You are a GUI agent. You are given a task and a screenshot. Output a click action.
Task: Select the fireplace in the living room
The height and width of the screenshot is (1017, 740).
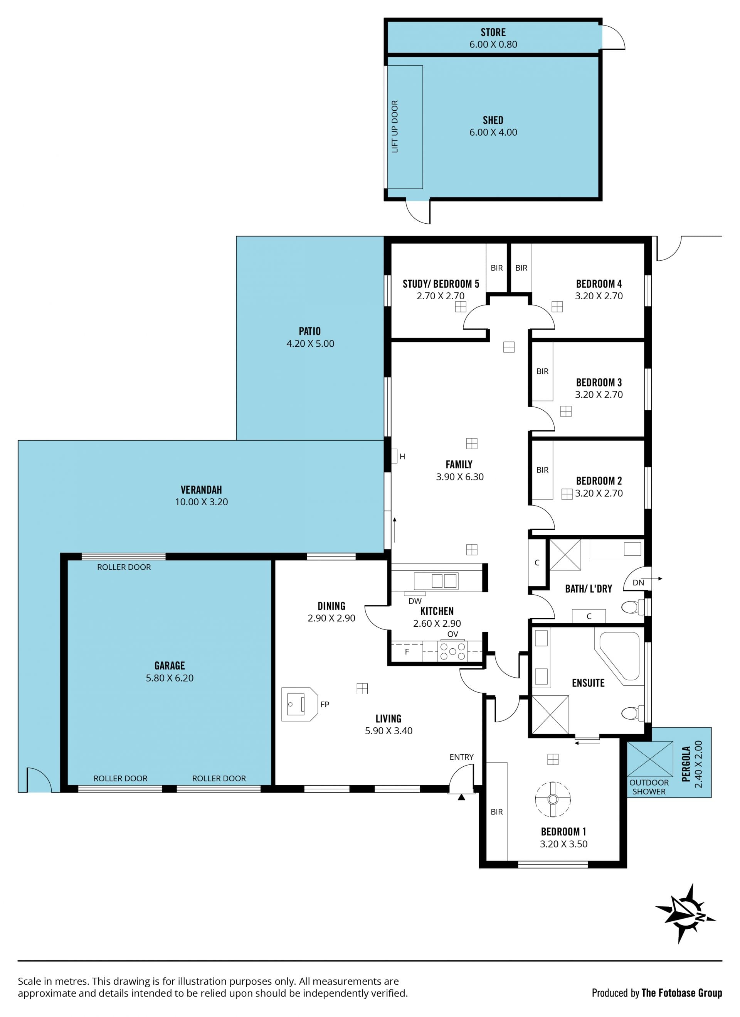(299, 705)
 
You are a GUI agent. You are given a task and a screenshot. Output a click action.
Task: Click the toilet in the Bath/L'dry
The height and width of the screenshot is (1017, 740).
(633, 607)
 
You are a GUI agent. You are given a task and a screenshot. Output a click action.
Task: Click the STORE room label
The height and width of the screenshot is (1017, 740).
(493, 32)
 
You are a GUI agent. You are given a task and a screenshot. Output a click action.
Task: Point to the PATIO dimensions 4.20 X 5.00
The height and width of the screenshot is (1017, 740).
(310, 344)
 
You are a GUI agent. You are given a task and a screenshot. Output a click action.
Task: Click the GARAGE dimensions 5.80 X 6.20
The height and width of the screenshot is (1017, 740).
(170, 678)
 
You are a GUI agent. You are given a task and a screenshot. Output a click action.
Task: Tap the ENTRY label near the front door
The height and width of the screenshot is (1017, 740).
(461, 757)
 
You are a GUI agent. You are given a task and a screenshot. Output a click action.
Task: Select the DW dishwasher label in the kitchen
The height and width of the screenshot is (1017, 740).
(415, 601)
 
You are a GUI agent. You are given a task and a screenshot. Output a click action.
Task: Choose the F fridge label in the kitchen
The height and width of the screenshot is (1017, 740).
(407, 652)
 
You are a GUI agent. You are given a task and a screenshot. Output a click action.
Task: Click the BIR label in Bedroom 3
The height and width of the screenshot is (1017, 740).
(542, 371)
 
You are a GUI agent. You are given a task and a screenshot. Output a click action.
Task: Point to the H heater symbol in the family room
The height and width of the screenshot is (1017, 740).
(402, 457)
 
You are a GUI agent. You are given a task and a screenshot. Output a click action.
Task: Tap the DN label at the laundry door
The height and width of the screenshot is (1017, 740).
(638, 583)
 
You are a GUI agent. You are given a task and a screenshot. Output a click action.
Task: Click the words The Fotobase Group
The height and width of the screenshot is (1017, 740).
(681, 993)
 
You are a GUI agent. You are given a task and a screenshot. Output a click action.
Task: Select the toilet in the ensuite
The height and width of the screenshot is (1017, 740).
(633, 713)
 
